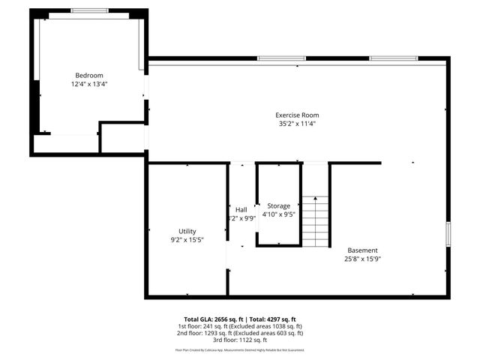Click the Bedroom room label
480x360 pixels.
[x=88, y=75]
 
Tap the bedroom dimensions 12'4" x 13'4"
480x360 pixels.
[x=88, y=84]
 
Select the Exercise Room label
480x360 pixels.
[x=296, y=115]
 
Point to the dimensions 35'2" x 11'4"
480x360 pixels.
[x=296, y=124]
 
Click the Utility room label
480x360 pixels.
[x=187, y=231]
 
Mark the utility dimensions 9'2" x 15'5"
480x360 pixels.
[x=187, y=240]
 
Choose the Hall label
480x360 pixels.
[x=241, y=209]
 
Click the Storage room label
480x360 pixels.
[x=278, y=205]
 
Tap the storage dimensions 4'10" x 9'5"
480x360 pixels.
[x=278, y=214]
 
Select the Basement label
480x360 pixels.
[x=362, y=250]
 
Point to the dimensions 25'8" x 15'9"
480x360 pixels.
[x=362, y=259]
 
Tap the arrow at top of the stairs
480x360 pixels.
[x=316, y=199]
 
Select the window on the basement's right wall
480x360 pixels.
[x=448, y=233]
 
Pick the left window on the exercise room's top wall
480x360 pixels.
[x=281, y=58]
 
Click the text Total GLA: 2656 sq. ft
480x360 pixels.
[x=211, y=319]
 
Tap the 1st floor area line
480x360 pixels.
[x=240, y=326]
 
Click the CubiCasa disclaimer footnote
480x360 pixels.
[x=240, y=350]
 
